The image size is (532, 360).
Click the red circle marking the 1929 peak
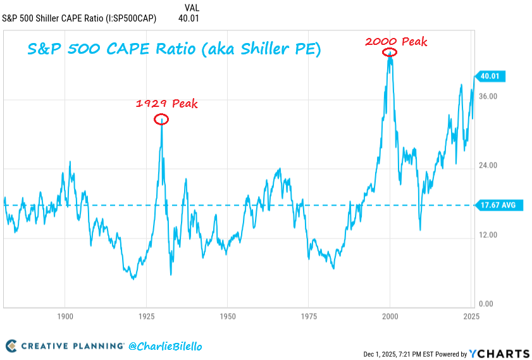161,119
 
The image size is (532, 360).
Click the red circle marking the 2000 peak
390,53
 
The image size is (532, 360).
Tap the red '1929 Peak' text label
166,104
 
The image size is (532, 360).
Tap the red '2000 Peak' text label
396,42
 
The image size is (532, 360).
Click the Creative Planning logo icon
11,346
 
